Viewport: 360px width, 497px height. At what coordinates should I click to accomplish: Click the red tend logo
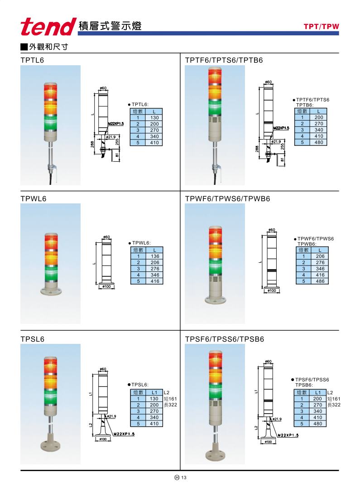point(48,27)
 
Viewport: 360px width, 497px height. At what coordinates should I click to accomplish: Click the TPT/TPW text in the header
point(321,27)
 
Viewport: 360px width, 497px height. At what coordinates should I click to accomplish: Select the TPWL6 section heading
point(33,199)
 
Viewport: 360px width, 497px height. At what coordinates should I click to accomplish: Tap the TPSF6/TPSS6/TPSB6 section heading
point(224,339)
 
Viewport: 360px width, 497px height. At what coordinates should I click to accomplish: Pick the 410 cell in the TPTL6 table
point(154,143)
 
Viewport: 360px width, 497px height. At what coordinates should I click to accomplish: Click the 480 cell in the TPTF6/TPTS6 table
point(318,142)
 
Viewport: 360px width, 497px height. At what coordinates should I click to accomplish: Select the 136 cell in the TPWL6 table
point(155,256)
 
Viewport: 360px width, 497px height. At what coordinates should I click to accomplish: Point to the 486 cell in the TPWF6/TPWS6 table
point(320,281)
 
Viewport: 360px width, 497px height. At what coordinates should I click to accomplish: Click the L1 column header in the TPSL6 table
point(154,392)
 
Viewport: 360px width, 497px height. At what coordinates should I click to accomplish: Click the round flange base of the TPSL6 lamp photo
point(50,446)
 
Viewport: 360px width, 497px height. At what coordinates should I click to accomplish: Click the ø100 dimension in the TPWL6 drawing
point(107,286)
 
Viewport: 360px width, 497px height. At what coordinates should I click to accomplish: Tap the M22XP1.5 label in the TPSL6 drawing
point(124,434)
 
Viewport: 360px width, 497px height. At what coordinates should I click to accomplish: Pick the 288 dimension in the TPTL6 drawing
point(92,144)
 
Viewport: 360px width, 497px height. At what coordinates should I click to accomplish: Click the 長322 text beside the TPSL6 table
point(171,405)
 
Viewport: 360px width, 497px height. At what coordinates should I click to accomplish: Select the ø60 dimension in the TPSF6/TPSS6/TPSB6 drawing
point(268,362)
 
